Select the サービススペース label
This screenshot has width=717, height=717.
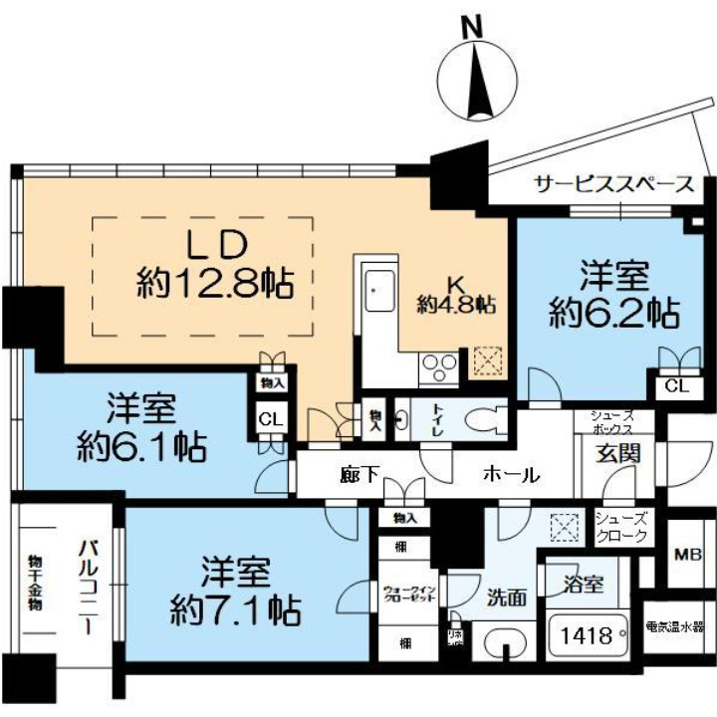point(613,185)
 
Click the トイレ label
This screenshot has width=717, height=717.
point(436,419)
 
